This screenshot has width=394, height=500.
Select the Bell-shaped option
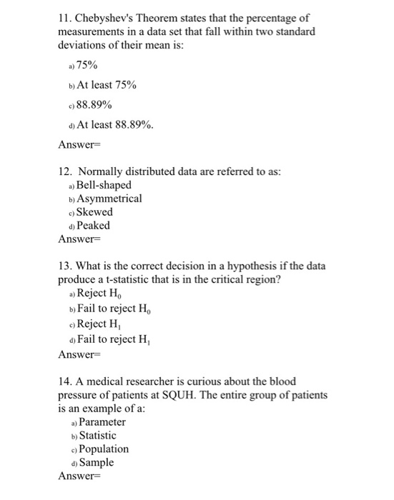click(104, 185)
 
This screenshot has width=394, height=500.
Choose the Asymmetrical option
click(109, 199)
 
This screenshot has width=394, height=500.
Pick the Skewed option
click(94, 212)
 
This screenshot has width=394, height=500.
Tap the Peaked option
click(93, 226)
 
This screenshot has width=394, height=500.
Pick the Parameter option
click(102, 422)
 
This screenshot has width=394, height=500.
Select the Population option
click(103, 449)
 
